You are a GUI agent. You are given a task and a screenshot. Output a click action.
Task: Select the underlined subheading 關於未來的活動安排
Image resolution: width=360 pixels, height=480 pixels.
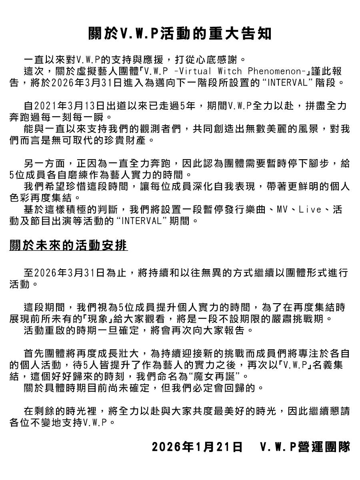[68, 245]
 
